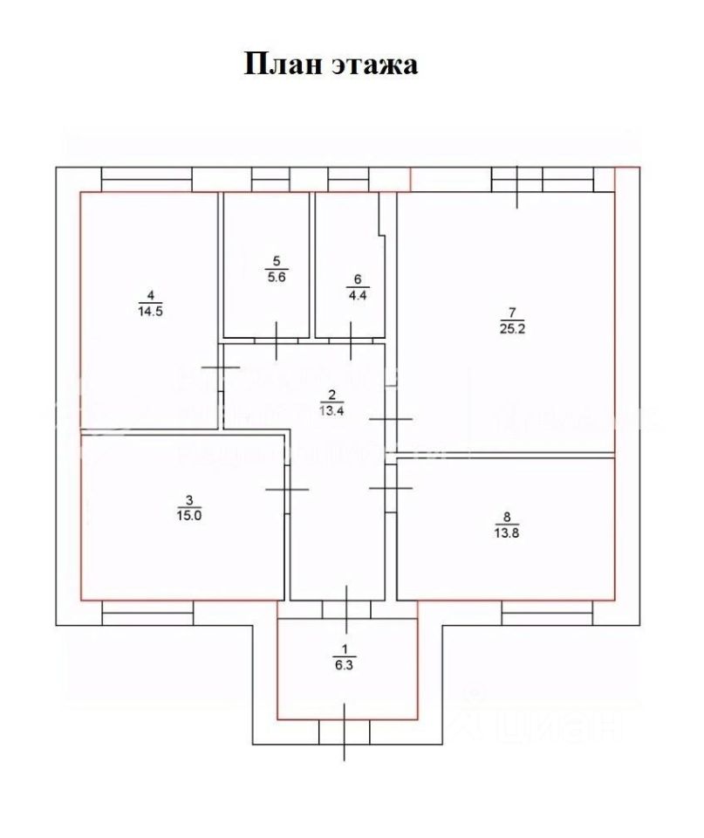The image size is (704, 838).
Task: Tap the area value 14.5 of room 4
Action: tap(148, 308)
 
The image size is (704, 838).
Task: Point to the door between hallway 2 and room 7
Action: tap(390, 420)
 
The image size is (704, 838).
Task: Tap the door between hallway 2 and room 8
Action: tap(390, 487)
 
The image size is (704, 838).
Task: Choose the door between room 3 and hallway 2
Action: tap(287, 489)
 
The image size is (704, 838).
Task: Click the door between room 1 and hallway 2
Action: tap(346, 608)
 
